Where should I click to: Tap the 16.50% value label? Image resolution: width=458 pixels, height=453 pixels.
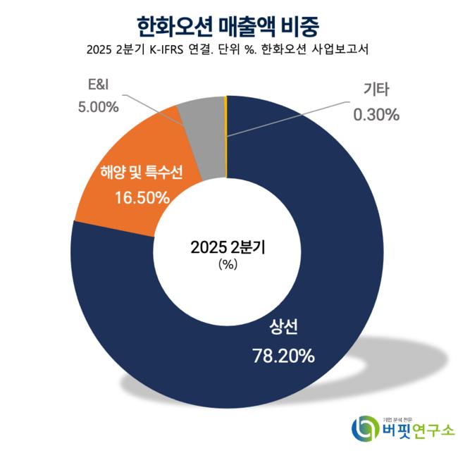coord(142,197)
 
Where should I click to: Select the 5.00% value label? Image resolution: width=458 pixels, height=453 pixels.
coord(96,107)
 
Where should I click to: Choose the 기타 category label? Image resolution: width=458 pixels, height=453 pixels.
coord(376,89)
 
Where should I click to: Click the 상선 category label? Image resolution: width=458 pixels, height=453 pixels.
coord(283,328)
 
